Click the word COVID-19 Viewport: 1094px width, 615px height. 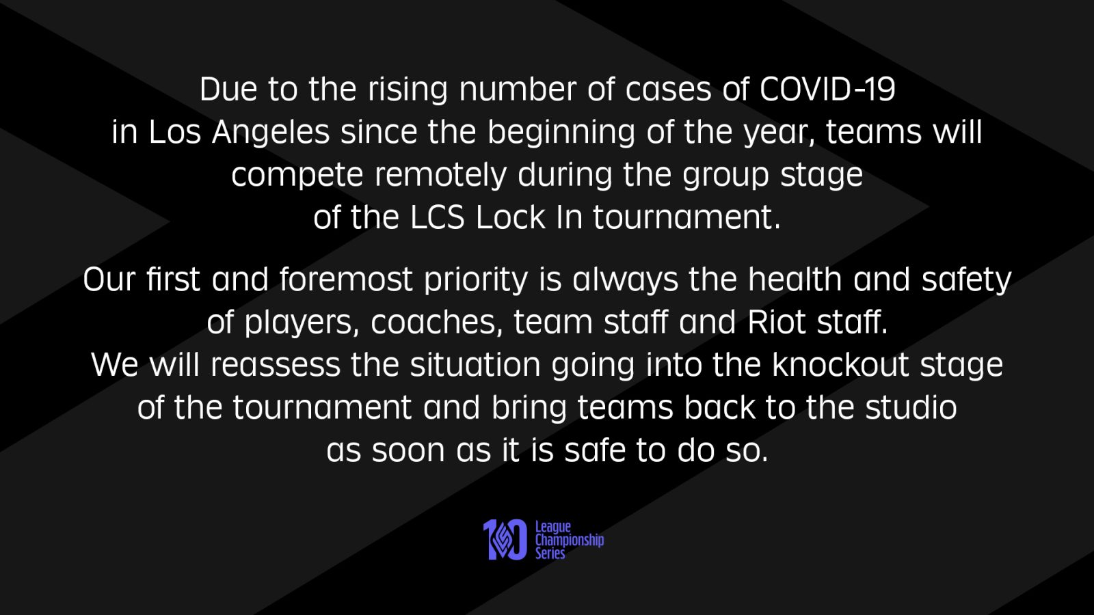pos(827,90)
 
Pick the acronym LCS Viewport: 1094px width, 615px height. pos(437,217)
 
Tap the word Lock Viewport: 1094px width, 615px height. pos(510,217)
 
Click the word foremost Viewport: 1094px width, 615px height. pos(346,279)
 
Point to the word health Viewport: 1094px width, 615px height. pos(795,279)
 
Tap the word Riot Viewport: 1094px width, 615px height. pos(777,322)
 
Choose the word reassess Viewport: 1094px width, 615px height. pos(276,366)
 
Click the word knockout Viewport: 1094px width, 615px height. pos(840,365)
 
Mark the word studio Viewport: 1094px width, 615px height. pos(911,407)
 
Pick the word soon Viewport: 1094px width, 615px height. pos(408,450)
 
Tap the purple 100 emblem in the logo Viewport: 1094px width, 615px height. pos(505,539)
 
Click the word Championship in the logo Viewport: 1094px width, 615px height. pos(570,541)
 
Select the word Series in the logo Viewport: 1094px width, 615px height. pos(550,553)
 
